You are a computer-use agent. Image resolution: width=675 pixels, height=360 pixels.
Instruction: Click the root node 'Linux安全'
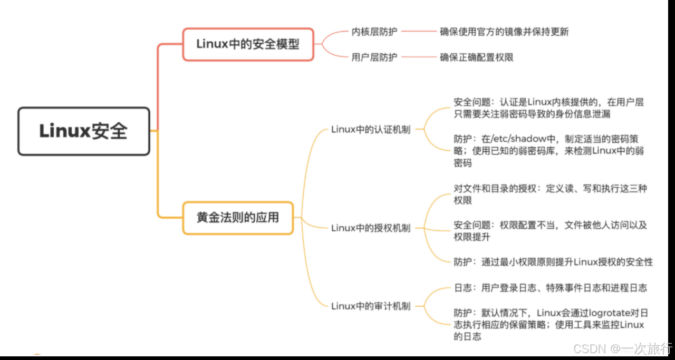[84, 131]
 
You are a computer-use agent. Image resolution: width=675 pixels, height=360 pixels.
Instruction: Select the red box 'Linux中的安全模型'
[248, 44]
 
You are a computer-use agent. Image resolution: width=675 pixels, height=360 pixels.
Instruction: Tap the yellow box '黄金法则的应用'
[238, 217]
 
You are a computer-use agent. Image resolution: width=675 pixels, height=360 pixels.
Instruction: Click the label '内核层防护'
[374, 32]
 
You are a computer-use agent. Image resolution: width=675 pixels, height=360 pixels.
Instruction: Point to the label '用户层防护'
[374, 57]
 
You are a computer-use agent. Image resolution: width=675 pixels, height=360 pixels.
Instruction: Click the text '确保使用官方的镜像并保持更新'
[504, 32]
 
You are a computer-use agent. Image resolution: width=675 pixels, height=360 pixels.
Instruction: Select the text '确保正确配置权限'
[477, 57]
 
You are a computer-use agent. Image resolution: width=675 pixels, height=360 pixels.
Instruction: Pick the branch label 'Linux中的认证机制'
[371, 130]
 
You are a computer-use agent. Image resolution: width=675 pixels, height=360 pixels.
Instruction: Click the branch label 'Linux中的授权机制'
[371, 228]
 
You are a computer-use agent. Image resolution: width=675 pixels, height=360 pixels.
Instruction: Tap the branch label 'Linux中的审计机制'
[371, 306]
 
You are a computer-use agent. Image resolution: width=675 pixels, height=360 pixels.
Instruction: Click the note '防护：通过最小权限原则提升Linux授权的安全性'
[553, 262]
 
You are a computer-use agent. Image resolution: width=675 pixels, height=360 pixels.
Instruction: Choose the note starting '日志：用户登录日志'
[550, 288]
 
